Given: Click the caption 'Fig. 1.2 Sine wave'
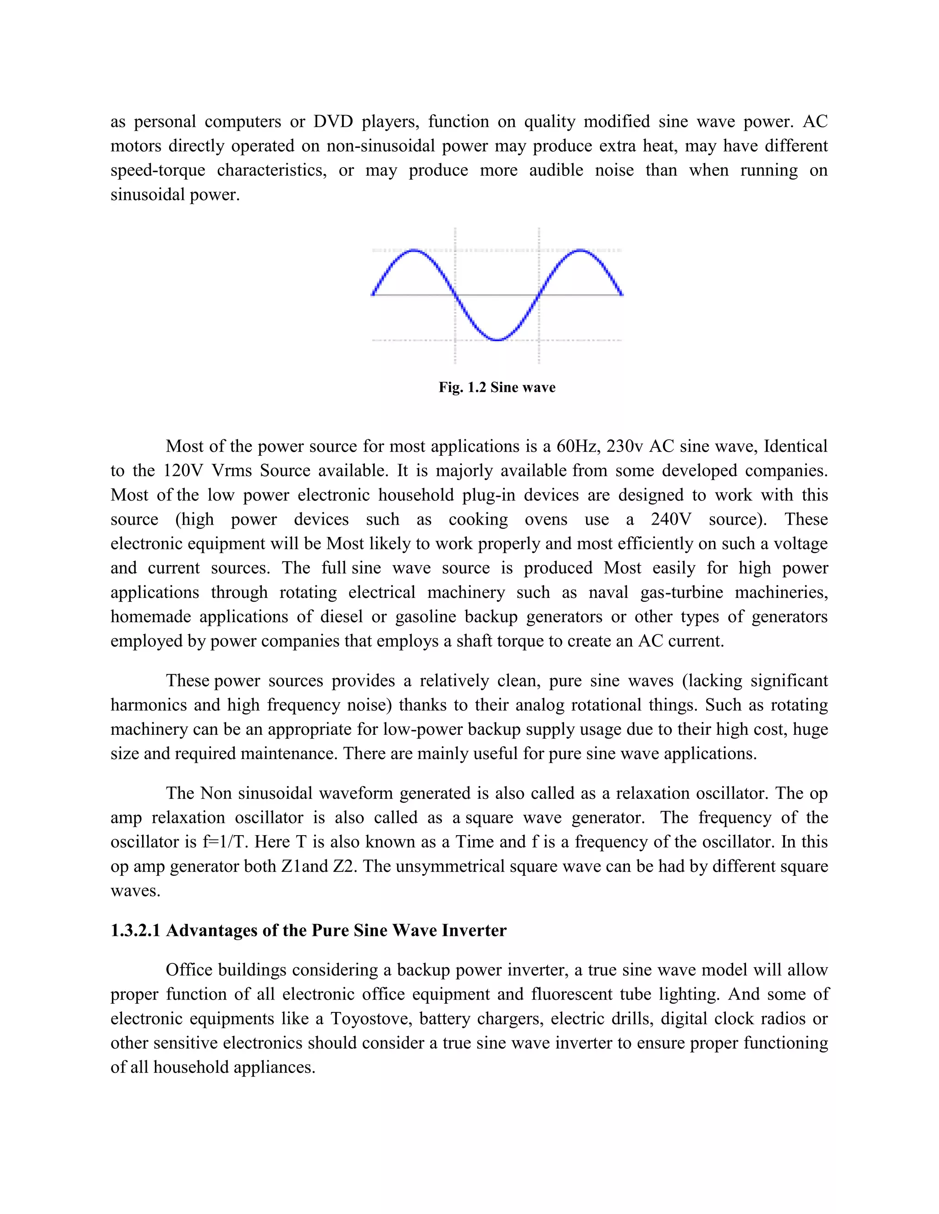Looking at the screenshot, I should point(496,388).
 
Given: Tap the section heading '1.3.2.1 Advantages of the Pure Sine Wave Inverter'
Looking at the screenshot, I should point(308,930).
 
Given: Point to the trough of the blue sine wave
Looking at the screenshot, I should point(498,339).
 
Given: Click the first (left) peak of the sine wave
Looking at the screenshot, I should point(414,251).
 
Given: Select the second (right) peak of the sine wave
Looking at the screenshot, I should point(580,251).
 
